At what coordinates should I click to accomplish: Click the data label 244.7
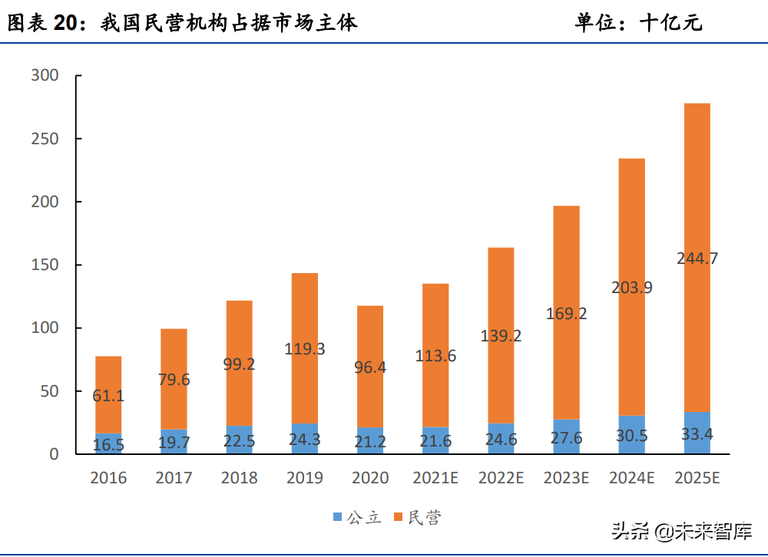[x=697, y=259]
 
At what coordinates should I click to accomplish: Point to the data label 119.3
[x=304, y=349]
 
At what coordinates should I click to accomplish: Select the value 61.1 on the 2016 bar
[x=108, y=397]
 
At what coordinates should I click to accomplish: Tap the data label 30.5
[x=631, y=434]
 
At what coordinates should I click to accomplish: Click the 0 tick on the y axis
[x=54, y=454]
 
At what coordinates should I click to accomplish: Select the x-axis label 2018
[x=239, y=478]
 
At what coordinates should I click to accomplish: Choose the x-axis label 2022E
[x=501, y=478]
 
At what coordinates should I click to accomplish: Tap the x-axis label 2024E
[x=631, y=478]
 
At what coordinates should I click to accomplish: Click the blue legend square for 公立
[x=337, y=518]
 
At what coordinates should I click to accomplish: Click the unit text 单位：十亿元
[x=638, y=23]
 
